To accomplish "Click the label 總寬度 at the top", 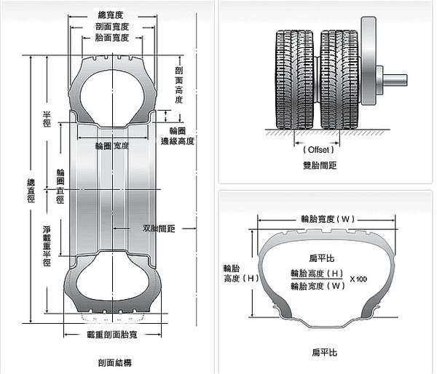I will (x=114, y=14).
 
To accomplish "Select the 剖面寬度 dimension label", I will (x=114, y=26).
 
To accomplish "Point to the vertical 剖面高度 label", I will (x=179, y=85).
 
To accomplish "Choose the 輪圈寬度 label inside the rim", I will (x=113, y=146).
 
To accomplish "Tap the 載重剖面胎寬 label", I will (x=114, y=335).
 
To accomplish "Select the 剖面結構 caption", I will (x=114, y=362).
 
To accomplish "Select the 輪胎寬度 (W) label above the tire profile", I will (x=327, y=218).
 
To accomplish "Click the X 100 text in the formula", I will (x=359, y=279).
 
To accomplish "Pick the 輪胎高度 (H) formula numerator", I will (x=316, y=273).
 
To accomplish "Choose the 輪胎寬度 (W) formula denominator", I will (x=316, y=287).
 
